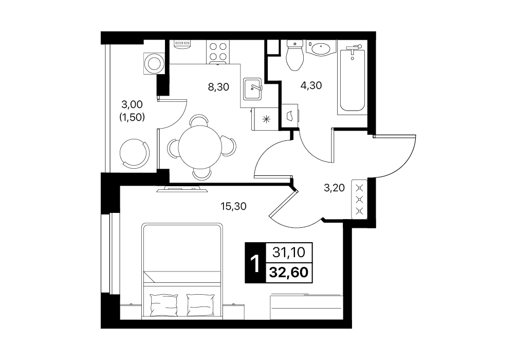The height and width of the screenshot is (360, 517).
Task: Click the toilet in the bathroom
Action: pyautogui.click(x=294, y=55)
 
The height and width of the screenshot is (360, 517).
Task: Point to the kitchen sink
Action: pyautogui.click(x=252, y=89)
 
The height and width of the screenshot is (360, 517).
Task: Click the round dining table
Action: pyautogui.click(x=200, y=147)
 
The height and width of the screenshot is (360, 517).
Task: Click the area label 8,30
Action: pyautogui.click(x=218, y=87)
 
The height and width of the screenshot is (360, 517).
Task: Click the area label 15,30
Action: pyautogui.click(x=233, y=207)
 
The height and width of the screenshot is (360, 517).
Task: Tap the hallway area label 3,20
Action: pyautogui.click(x=334, y=188)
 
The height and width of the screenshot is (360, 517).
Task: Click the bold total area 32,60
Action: pyautogui.click(x=289, y=273)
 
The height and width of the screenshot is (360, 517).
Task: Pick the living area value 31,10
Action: pyautogui.click(x=289, y=253)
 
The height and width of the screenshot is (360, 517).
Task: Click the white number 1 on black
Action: pyautogui.click(x=254, y=263)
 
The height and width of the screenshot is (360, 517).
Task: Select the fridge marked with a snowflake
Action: pyautogui.click(x=265, y=119)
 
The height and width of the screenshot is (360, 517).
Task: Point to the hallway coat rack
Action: pyautogui.click(x=360, y=199)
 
